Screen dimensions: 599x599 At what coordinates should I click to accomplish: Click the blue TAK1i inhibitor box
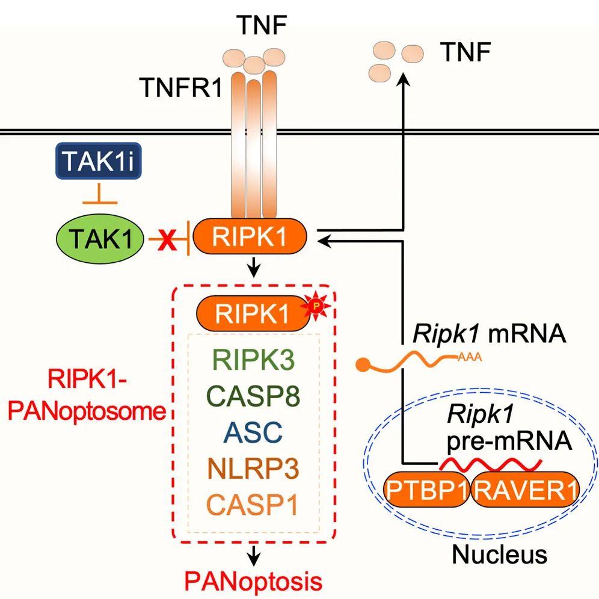click(x=99, y=161)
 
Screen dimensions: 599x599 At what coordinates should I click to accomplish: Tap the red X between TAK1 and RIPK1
click(x=167, y=239)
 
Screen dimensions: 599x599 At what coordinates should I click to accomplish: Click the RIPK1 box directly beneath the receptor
click(x=250, y=236)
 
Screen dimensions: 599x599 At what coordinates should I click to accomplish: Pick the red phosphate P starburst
click(x=316, y=306)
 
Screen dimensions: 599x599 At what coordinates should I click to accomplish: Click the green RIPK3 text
click(x=253, y=360)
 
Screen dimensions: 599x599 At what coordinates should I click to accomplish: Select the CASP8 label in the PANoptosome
click(x=253, y=396)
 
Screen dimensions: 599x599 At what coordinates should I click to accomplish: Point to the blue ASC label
click(x=253, y=432)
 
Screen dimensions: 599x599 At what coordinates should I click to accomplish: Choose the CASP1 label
click(x=253, y=505)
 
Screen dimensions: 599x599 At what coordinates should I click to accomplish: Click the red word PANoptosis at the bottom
click(x=253, y=581)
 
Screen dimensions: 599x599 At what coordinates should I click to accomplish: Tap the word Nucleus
click(x=500, y=554)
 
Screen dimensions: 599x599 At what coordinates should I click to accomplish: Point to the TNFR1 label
click(x=182, y=87)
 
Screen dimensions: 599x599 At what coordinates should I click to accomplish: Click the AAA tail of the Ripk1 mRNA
click(x=470, y=358)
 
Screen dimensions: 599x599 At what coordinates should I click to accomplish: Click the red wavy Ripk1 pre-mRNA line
click(x=491, y=464)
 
